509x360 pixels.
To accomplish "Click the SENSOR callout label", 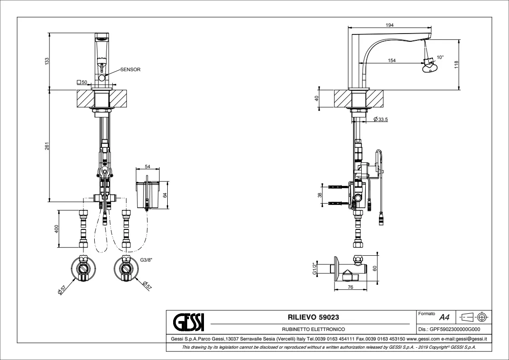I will coord(130,70).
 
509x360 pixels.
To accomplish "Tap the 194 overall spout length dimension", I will coord(389,25).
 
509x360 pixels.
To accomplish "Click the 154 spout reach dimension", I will coord(392,60).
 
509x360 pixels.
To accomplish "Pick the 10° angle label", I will coord(440,58).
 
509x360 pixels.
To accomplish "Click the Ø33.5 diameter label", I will coord(381,119).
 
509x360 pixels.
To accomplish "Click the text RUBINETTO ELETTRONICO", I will coord(313,329).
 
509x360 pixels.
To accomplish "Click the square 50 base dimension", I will coord(82,83).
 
